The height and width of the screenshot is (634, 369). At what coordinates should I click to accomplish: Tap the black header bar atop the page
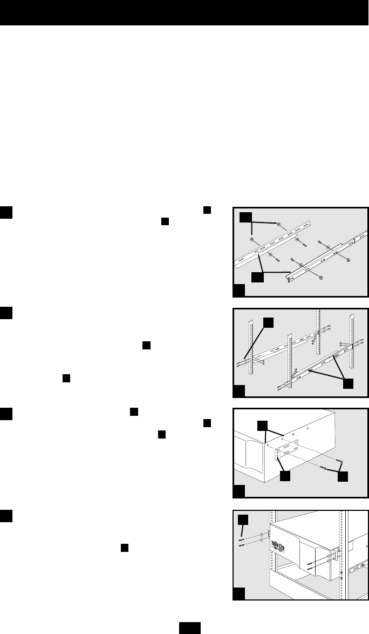(184, 13)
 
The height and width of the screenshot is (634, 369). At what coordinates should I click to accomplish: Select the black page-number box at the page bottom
(190, 626)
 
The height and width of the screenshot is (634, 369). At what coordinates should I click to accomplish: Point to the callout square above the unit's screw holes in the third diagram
(262, 426)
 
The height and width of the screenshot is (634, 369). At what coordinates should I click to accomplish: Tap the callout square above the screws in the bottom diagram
(244, 519)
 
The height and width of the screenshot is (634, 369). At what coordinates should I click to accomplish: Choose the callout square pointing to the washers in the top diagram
(246, 217)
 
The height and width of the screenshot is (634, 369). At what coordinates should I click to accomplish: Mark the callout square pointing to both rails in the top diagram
(257, 277)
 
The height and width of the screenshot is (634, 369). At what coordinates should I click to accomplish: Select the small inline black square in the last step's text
(124, 548)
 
